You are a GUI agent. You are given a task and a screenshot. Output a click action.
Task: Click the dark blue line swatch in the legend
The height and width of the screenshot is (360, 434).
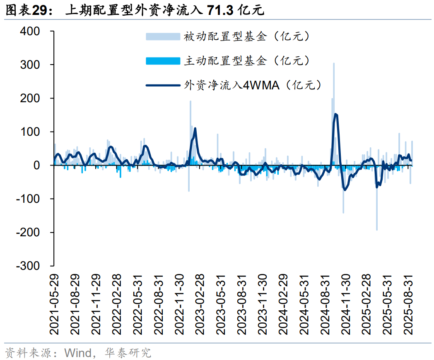163,86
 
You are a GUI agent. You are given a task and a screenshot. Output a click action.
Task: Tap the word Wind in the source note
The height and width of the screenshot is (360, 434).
78,353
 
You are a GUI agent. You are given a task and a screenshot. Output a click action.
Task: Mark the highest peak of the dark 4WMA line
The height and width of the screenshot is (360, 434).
335,114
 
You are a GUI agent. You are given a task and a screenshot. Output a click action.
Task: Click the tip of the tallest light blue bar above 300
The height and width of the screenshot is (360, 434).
334,63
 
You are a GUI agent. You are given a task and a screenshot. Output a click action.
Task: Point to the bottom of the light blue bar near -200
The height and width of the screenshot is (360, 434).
376,230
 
